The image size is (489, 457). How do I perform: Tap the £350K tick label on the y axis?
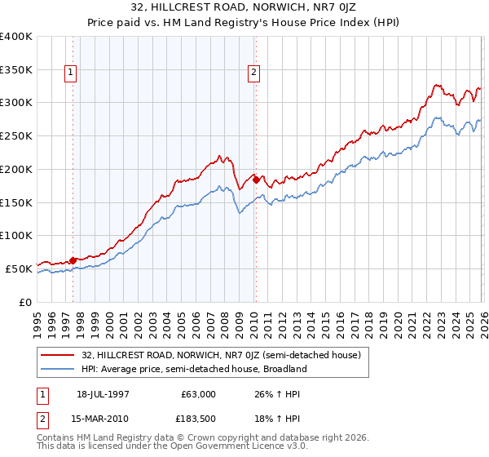16,70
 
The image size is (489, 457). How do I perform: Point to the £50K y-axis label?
19,268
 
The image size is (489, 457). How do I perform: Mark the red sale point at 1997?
73,260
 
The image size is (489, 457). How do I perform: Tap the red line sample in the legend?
58,355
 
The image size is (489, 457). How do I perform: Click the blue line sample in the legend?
58,369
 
